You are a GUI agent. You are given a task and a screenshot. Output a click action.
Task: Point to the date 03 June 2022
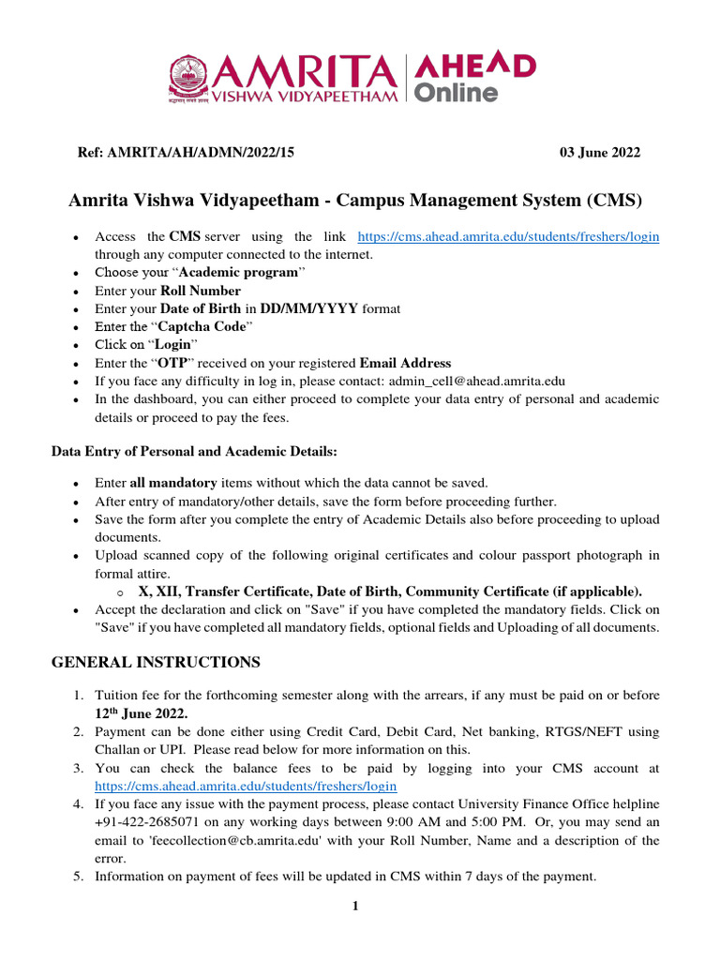[600, 153]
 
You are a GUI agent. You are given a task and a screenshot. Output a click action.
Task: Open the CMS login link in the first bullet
[509, 237]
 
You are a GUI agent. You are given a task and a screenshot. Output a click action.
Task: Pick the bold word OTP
[171, 363]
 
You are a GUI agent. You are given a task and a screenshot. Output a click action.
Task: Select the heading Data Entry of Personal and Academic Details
[193, 452]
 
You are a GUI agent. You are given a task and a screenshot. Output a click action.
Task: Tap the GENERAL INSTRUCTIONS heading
[155, 663]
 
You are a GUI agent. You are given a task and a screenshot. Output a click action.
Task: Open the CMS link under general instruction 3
[246, 786]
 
